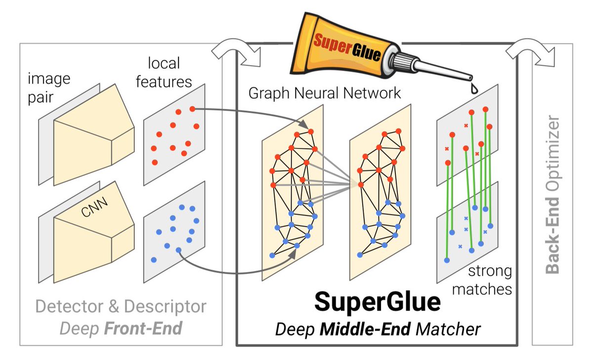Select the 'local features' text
pos(164,72)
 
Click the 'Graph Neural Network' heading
pos(324,92)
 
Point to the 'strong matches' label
pos(489,279)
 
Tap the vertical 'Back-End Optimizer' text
pos(553,195)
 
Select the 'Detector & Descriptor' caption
pos(121,307)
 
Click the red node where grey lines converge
pos(361,185)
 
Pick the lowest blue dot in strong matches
pos(447,259)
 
